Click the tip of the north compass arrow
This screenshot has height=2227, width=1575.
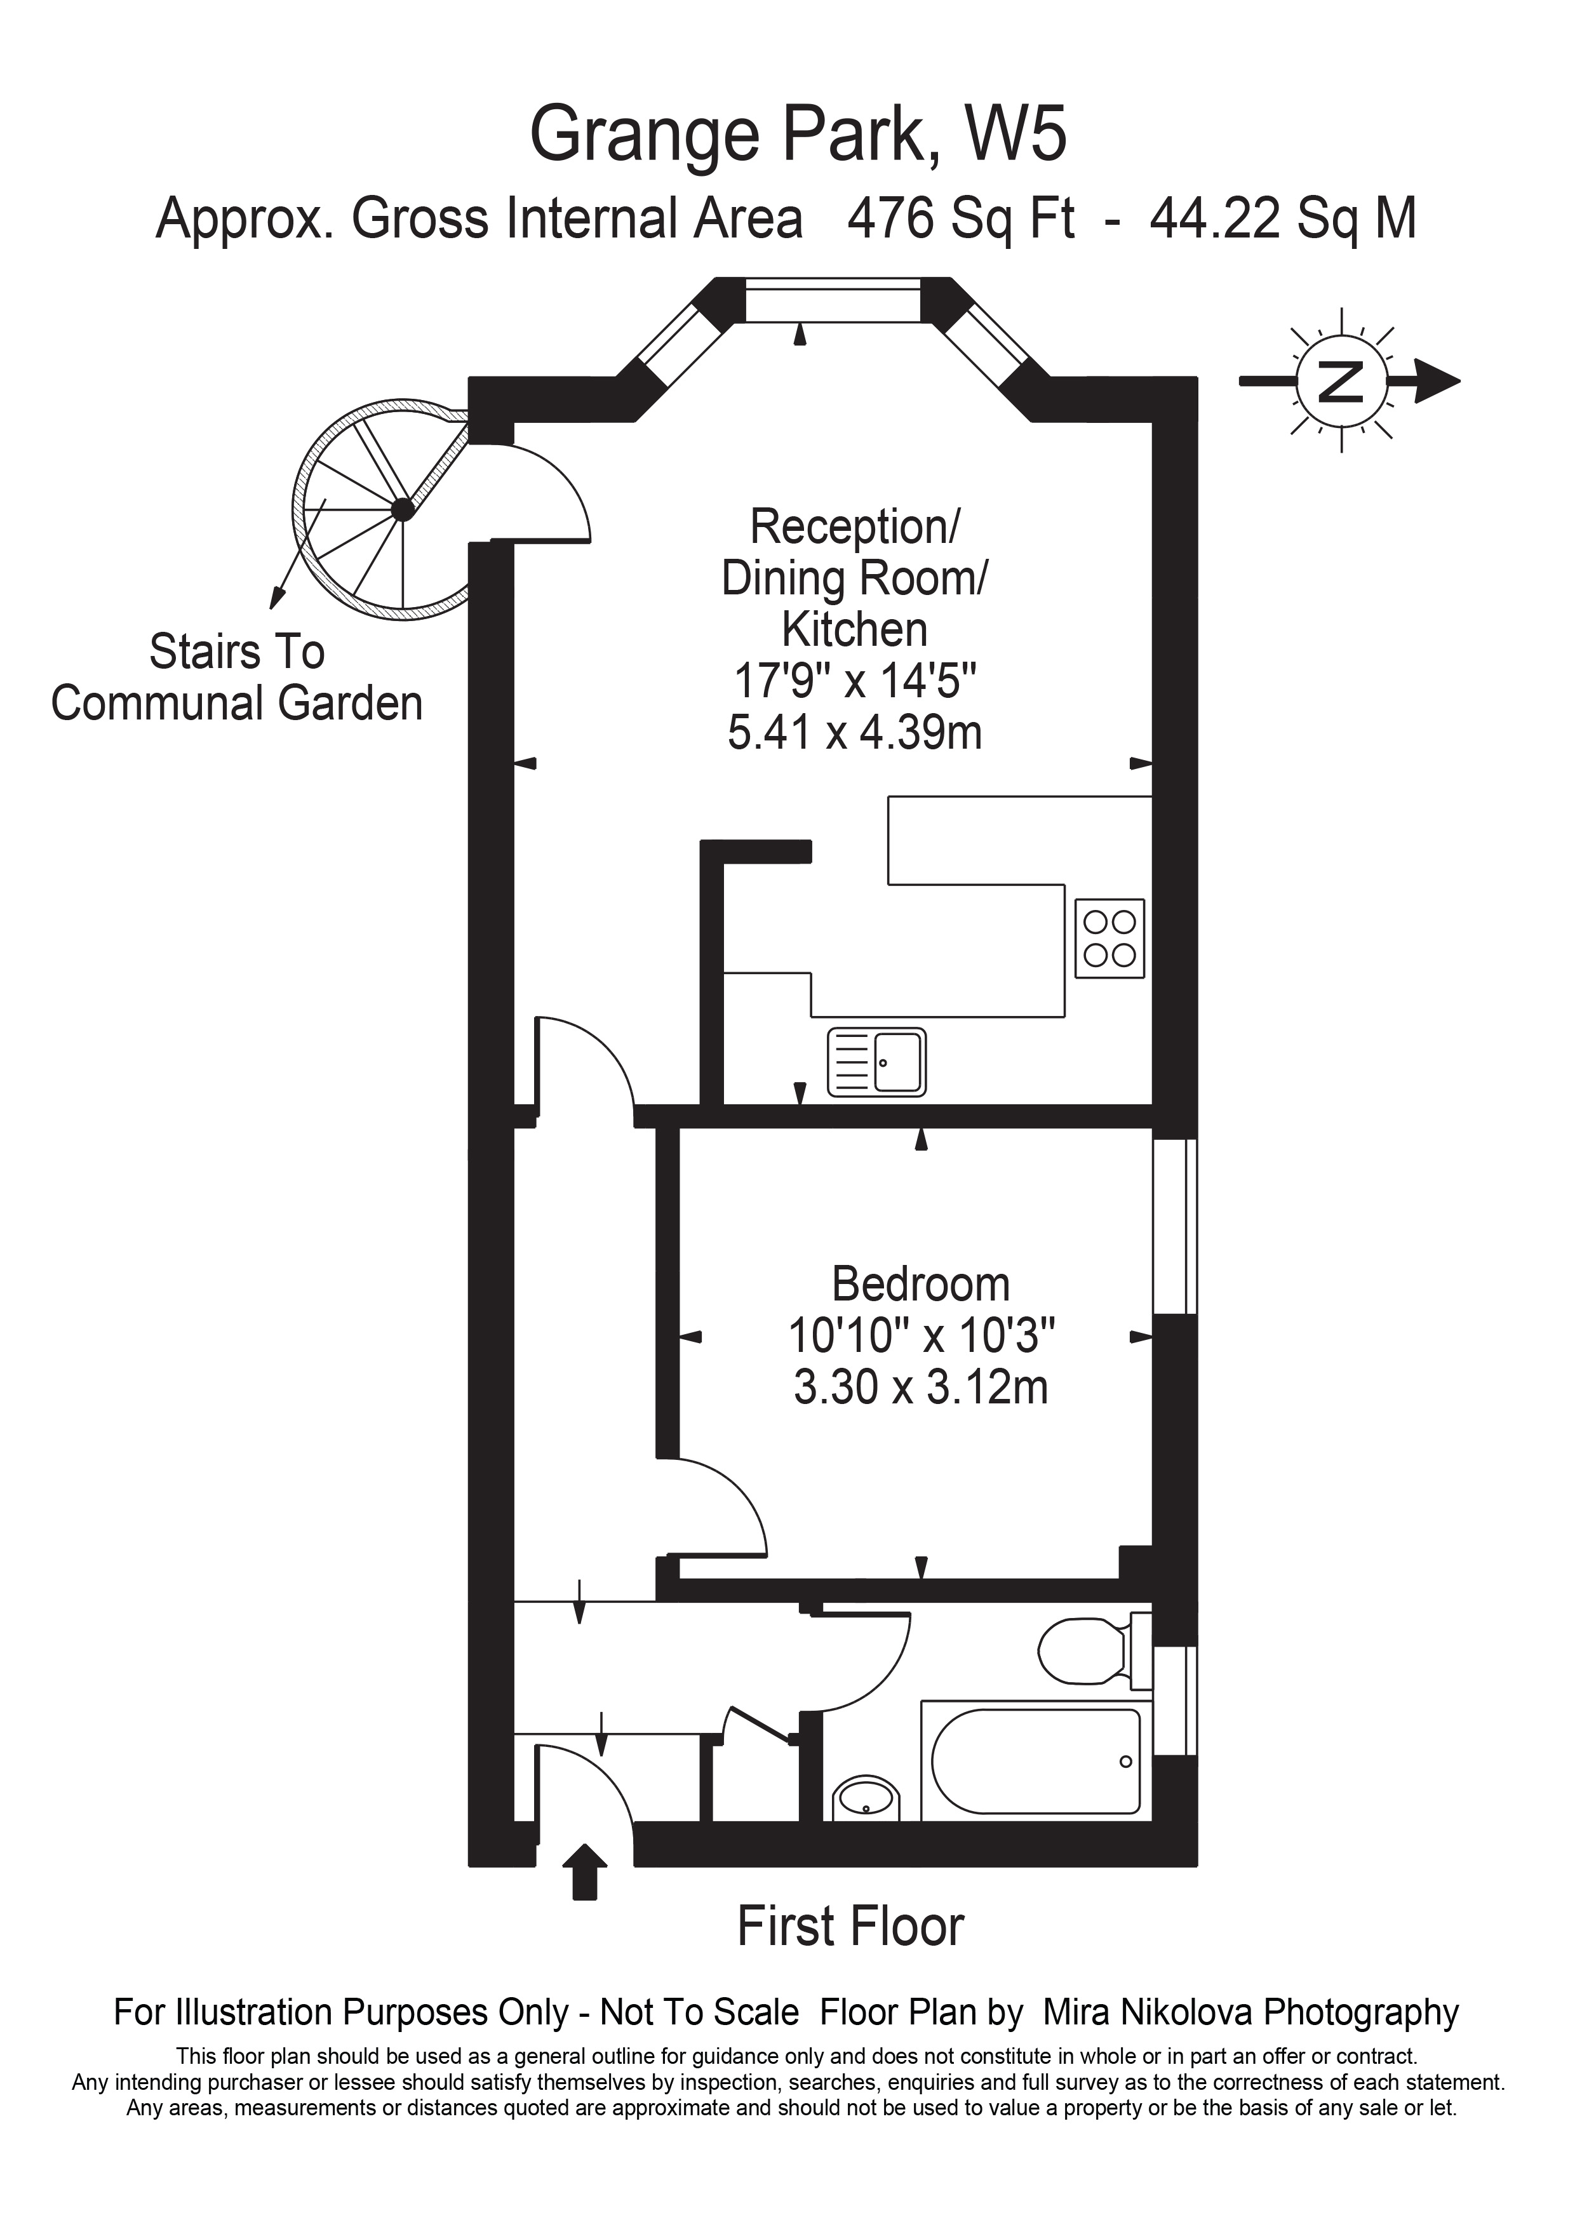pyautogui.click(x=1459, y=380)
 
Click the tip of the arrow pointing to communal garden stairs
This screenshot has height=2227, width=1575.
pyautogui.click(x=274, y=609)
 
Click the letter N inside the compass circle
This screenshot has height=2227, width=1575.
pyautogui.click(x=1341, y=380)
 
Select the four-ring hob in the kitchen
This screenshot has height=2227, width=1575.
pyautogui.click(x=1109, y=938)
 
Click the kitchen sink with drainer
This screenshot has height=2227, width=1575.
pyautogui.click(x=876, y=1063)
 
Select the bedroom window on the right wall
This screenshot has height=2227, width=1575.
pyautogui.click(x=1174, y=1226)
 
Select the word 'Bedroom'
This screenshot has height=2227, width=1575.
pyautogui.click(x=920, y=1283)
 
